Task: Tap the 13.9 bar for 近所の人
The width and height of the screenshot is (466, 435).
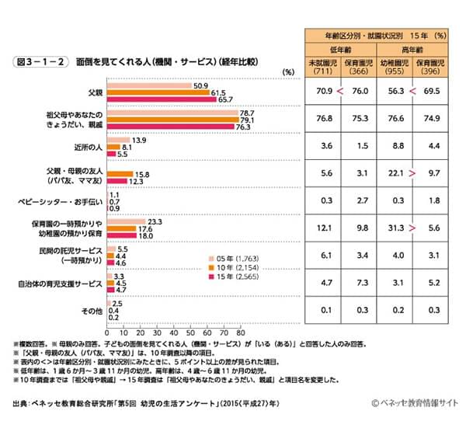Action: (x=117, y=141)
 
